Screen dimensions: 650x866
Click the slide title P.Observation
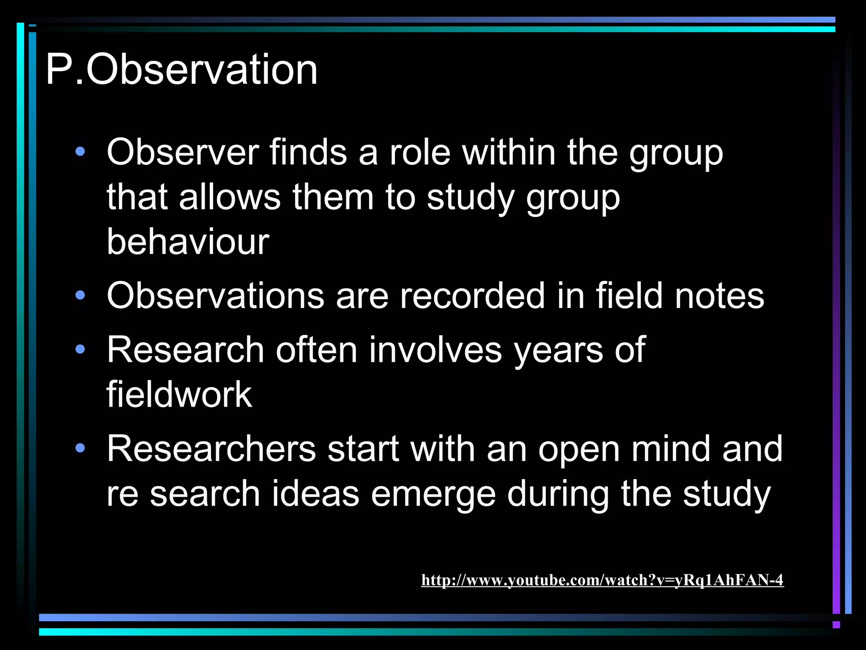(x=181, y=70)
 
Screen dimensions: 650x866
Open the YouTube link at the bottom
(x=602, y=580)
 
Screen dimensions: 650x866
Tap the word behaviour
(x=188, y=242)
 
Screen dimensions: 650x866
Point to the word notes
(x=719, y=296)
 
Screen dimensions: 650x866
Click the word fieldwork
(x=179, y=394)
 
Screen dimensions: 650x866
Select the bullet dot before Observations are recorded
(x=80, y=295)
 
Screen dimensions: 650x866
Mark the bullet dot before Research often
(x=80, y=350)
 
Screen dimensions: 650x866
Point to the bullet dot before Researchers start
(x=80, y=448)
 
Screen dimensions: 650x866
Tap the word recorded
(x=472, y=296)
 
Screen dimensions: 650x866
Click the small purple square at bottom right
(x=836, y=625)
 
